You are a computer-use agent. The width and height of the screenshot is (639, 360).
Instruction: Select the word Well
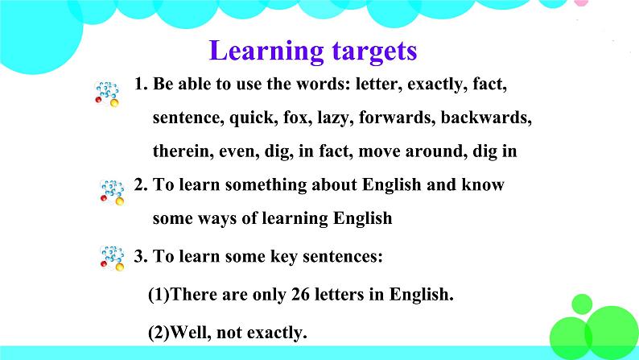[x=193, y=331]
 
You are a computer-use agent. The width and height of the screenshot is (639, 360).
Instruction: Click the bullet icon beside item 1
[x=106, y=93]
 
